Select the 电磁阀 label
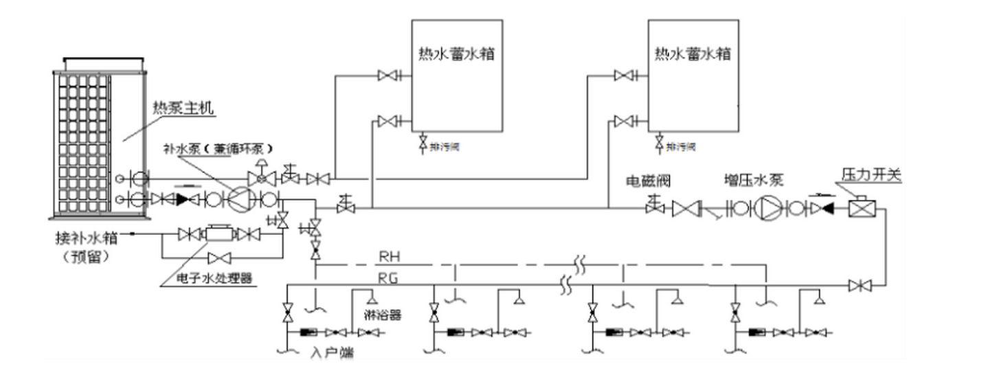(647, 181)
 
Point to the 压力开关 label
(872, 176)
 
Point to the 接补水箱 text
(86, 238)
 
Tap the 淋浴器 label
(382, 315)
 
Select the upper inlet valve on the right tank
(625, 76)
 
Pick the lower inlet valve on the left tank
(388, 122)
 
